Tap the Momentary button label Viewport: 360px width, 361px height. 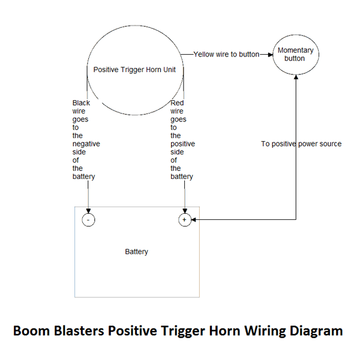pyautogui.click(x=296, y=54)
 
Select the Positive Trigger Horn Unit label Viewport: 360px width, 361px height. pyautogui.click(x=134, y=70)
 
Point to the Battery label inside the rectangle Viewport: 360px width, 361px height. pyautogui.click(x=136, y=252)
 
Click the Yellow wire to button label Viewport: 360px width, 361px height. pyautogui.click(x=226, y=54)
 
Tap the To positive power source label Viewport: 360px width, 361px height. pyautogui.click(x=301, y=144)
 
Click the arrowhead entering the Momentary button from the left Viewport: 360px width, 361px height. pyautogui.click(x=270, y=55)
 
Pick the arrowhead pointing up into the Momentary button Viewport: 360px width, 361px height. pyautogui.click(x=296, y=77)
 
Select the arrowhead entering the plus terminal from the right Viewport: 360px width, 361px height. pyautogui.click(x=194, y=220)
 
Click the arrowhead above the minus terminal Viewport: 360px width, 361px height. pyautogui.click(x=88, y=211)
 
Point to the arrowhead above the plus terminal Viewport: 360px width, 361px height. pyautogui.click(x=185, y=211)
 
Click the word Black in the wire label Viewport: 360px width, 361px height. pyautogui.click(x=81, y=103)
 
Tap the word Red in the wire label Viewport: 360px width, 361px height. pyautogui.click(x=177, y=103)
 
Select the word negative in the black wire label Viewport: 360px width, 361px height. pyautogui.click(x=86, y=144)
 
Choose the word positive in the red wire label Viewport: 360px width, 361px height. pyautogui.click(x=182, y=144)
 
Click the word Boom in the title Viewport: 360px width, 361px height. pyautogui.click(x=32, y=330)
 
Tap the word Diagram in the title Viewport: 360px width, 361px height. pyautogui.click(x=316, y=331)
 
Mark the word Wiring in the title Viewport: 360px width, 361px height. pyautogui.click(x=264, y=331)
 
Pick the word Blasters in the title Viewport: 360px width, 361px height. pyautogui.click(x=79, y=330)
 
